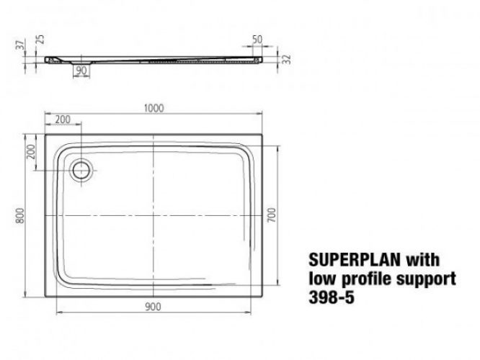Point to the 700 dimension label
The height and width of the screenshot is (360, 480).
coord(272,214)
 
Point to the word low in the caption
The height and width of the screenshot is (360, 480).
coord(319,276)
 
